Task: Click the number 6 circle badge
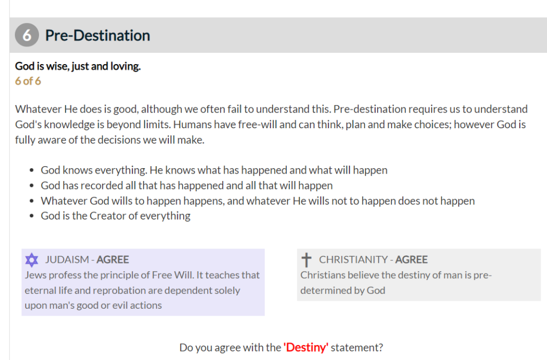coord(27,35)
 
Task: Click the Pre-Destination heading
coord(98,35)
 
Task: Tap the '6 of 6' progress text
coord(28,81)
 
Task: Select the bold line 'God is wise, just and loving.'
coord(78,66)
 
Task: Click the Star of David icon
coord(32,260)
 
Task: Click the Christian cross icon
coord(306,260)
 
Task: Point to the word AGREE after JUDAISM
coord(113,260)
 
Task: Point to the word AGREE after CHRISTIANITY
coord(411,260)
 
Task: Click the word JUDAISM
coord(67,260)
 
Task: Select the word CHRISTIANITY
coord(353,260)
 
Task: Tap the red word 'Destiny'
coord(306,347)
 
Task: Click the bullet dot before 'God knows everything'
coord(32,170)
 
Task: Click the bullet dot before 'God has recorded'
coord(32,185)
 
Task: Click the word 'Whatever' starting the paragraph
coord(38,109)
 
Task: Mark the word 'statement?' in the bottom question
coord(357,347)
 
